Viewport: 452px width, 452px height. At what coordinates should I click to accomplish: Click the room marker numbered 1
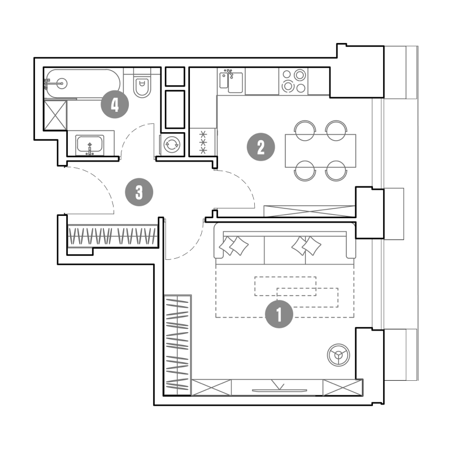click(279, 314)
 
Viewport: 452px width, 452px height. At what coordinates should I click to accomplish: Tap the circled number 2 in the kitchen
click(261, 147)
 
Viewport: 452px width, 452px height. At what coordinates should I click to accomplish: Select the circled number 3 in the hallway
click(139, 192)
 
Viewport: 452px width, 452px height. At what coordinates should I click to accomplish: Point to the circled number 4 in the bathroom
click(115, 104)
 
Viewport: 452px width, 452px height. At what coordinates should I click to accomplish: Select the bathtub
click(83, 84)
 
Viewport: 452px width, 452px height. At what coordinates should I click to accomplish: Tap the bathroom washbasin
click(90, 145)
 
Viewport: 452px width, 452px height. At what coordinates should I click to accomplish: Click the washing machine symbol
click(172, 145)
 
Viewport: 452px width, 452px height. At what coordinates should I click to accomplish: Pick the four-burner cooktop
click(293, 81)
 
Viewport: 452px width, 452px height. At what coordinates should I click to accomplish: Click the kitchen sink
click(231, 82)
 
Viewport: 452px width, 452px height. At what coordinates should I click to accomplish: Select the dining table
click(320, 151)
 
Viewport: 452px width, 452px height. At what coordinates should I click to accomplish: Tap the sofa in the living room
click(285, 245)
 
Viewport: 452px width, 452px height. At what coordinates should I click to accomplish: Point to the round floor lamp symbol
click(338, 355)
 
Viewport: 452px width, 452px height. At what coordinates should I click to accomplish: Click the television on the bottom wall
click(279, 390)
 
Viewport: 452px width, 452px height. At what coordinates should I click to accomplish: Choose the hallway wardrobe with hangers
click(113, 236)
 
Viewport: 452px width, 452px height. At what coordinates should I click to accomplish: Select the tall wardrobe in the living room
click(177, 345)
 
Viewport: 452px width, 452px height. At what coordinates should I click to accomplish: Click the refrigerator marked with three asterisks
click(203, 142)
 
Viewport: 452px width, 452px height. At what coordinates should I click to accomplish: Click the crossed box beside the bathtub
click(55, 115)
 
